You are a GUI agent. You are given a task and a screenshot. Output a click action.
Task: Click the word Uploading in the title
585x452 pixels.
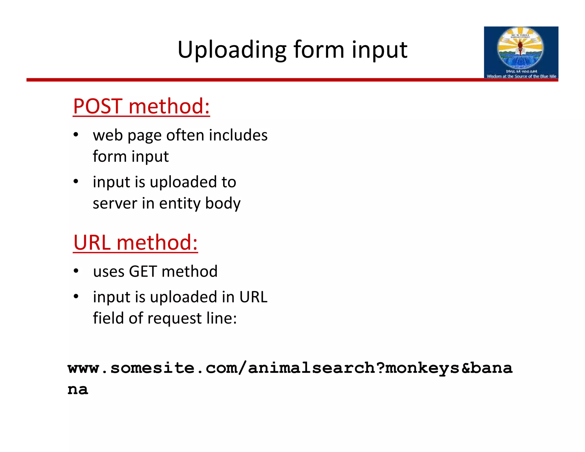[232, 50]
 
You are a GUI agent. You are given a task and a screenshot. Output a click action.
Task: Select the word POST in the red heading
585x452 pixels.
[98, 106]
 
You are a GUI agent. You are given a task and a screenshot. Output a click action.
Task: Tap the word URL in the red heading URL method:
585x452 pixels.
[92, 243]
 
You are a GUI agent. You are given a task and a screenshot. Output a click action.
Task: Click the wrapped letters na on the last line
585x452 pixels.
[78, 389]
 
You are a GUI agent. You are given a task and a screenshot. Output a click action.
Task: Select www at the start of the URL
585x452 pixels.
[83, 368]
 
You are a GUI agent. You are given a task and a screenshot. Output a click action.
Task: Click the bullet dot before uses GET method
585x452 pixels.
[76, 271]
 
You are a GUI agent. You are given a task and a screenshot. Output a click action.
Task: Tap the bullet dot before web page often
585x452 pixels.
[76, 135]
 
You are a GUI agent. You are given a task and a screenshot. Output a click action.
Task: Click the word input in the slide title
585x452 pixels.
[379, 50]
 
